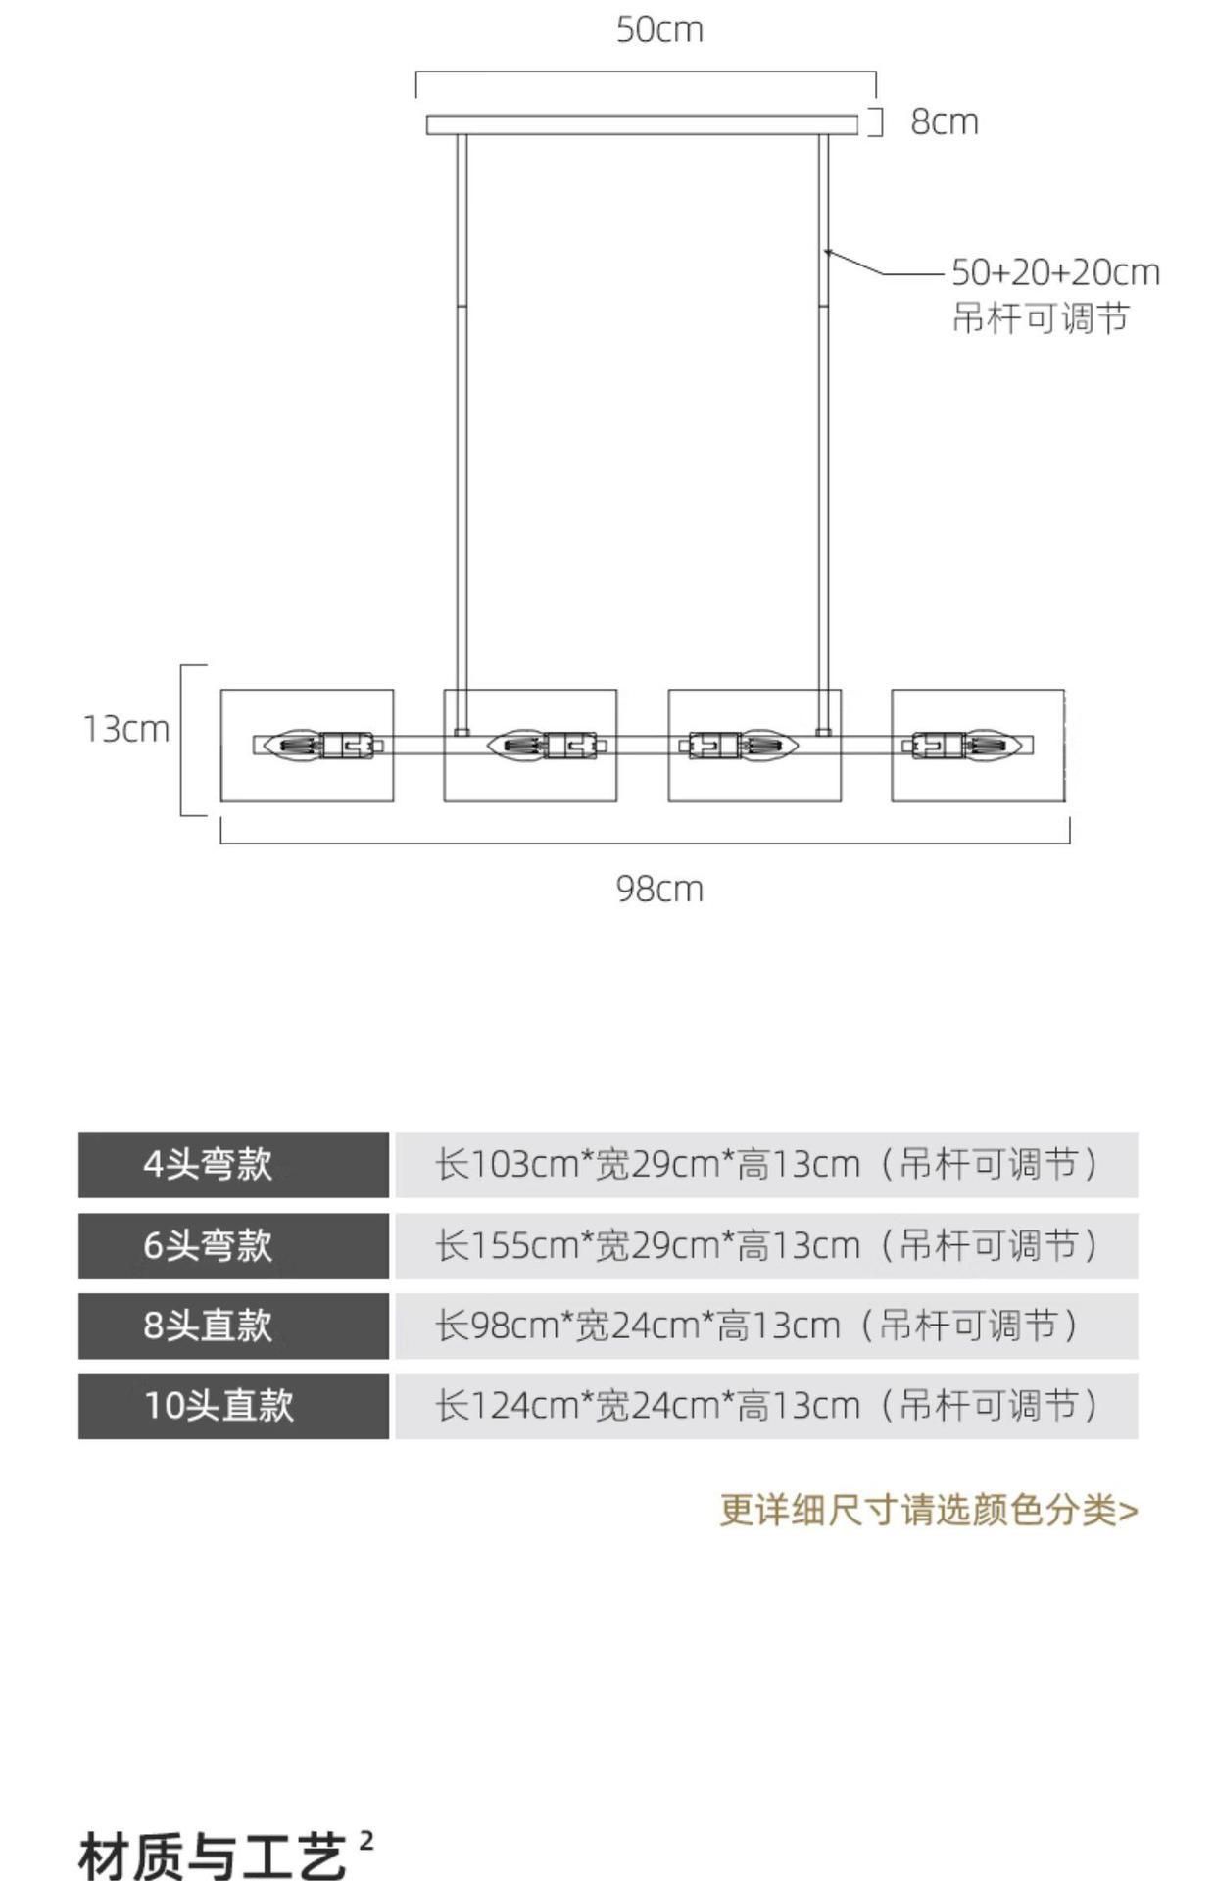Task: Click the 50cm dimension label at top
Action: coord(659,30)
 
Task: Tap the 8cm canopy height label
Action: coord(945,122)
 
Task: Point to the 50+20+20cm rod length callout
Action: coord(1055,272)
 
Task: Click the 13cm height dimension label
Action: coord(125,729)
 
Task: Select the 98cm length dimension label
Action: coord(659,889)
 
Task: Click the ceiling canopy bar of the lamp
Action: coord(642,124)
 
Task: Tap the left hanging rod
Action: coord(462,431)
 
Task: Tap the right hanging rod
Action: coord(823,431)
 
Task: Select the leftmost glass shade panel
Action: coord(307,774)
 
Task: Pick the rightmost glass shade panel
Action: coord(978,774)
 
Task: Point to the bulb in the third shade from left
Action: coord(768,746)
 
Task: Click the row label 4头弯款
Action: coord(208,1165)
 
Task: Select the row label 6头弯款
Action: coord(208,1246)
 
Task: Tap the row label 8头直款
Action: coord(208,1326)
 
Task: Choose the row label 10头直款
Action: coord(219,1406)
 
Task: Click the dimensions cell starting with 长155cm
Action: coord(766,1246)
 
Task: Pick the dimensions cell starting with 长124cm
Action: coord(766,1406)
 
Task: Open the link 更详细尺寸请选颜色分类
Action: coord(928,1510)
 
